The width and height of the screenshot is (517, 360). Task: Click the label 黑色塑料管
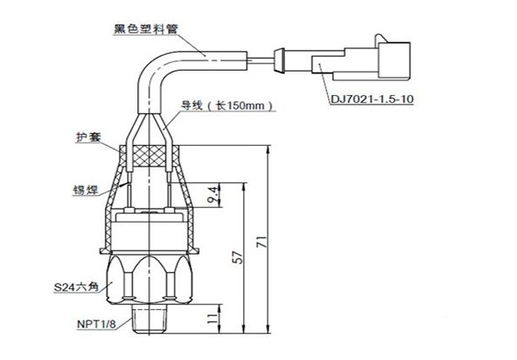[x=146, y=29]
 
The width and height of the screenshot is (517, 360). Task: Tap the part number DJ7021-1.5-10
[x=372, y=99]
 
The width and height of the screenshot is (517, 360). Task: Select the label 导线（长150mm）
[x=228, y=105]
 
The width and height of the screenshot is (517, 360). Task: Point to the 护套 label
[x=88, y=137]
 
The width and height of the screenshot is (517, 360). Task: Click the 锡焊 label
[x=85, y=190]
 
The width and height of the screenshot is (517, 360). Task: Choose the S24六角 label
[x=76, y=287]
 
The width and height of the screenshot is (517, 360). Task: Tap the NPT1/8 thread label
[x=97, y=324]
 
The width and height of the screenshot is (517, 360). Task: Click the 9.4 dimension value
[x=214, y=194]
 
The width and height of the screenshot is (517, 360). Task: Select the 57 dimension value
[x=237, y=257]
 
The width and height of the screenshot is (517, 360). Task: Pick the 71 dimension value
[x=262, y=242]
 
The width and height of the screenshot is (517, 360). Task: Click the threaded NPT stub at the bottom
[x=150, y=319]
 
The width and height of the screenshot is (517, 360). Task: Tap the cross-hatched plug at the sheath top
[x=150, y=156]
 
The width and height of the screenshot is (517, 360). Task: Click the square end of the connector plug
[x=394, y=61]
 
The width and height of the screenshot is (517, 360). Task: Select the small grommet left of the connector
[x=279, y=60]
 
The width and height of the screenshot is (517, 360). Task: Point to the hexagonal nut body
[x=150, y=279]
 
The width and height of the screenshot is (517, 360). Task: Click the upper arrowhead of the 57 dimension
[x=244, y=186]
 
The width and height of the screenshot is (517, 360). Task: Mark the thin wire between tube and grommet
[x=260, y=60]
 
